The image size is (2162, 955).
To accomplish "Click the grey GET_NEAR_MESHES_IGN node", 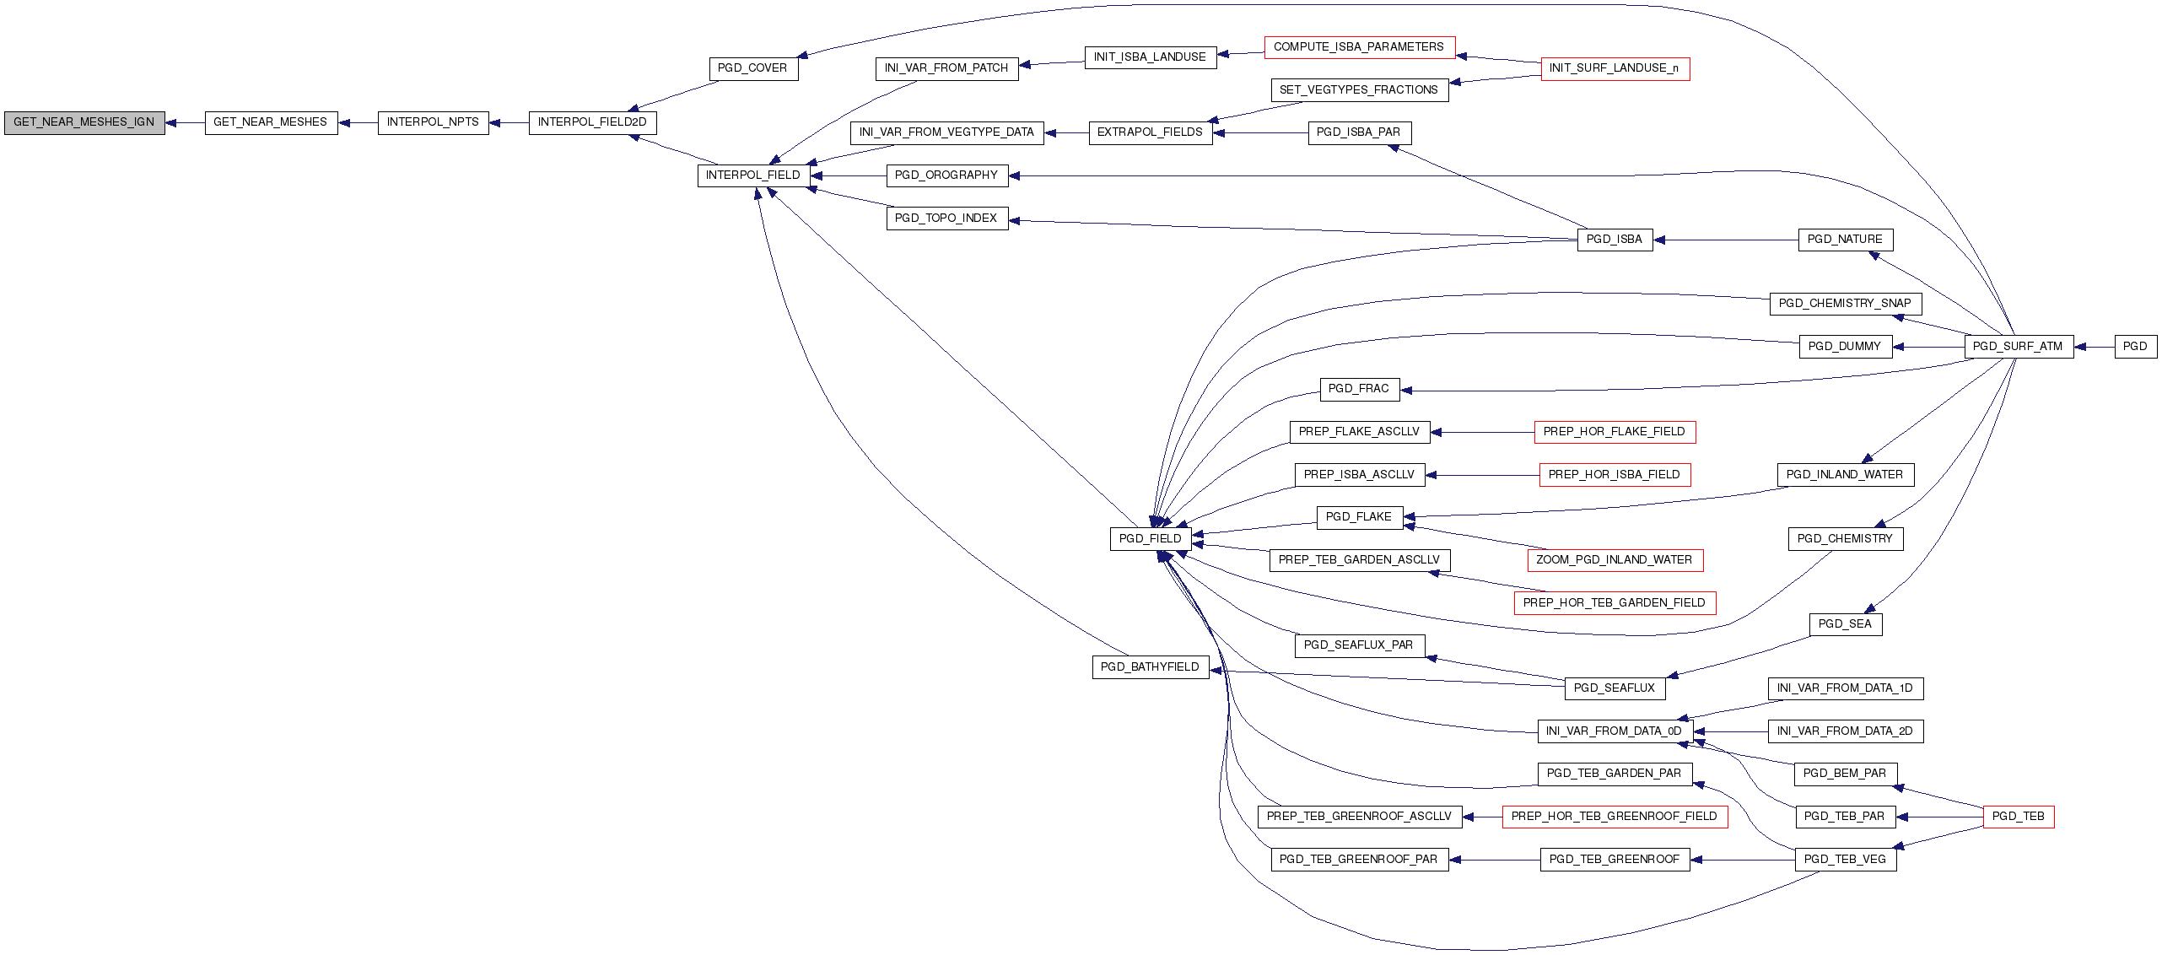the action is (84, 122).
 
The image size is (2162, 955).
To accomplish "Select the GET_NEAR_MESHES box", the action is (271, 122).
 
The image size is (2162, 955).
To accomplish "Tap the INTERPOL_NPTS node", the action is (433, 122).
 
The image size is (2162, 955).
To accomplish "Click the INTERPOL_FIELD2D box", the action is (592, 122).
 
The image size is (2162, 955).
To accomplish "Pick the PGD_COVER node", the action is (752, 68).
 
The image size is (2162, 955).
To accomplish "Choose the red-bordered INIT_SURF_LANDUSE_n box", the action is (1615, 68).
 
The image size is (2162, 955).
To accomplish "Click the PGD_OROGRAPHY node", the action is (946, 175).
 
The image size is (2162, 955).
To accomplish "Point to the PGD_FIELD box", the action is (1151, 539).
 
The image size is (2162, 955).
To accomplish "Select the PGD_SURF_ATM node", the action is (2019, 347).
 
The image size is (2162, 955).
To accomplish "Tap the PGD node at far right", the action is (2135, 347).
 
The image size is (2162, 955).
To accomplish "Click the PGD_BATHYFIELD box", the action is (1151, 667).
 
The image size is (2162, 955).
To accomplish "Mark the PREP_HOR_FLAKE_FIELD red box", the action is (1615, 432).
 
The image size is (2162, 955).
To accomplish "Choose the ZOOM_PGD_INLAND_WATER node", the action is (1615, 560).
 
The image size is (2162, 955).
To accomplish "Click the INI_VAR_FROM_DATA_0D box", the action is (1615, 731).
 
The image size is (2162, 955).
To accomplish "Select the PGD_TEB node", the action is (2019, 817).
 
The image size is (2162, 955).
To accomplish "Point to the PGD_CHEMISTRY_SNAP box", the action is (1846, 304).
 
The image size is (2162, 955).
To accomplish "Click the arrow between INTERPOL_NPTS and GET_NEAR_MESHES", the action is (358, 123).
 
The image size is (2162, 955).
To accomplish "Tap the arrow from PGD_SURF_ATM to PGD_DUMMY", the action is (1928, 347).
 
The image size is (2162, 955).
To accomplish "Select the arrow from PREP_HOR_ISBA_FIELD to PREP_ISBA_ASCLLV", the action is (1482, 475).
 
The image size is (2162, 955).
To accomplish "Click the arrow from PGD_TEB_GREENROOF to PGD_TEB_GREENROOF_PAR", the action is (1495, 860).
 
